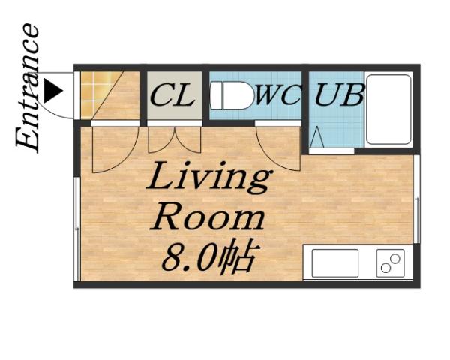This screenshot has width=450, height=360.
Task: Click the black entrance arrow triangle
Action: (x=52, y=91)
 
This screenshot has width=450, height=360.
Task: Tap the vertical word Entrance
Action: (x=28, y=88)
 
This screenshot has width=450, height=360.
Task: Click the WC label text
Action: (x=279, y=96)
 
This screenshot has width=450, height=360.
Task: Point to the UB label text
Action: (x=340, y=96)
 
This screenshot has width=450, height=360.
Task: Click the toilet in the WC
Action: (x=232, y=96)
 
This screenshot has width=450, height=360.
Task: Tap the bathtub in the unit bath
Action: (x=388, y=109)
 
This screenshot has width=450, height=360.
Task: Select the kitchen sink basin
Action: (x=334, y=263)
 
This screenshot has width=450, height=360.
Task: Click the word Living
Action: (x=208, y=180)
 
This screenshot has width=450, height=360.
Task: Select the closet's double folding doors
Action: (x=174, y=140)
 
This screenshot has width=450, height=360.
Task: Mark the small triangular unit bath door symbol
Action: (x=316, y=138)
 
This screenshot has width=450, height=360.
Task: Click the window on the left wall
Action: (x=76, y=225)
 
